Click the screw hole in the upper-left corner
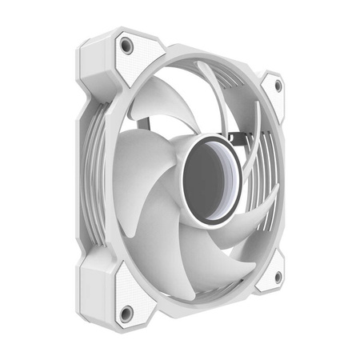(x=125, y=46)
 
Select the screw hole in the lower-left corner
(x=124, y=311)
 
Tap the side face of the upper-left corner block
(x=92, y=68)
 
